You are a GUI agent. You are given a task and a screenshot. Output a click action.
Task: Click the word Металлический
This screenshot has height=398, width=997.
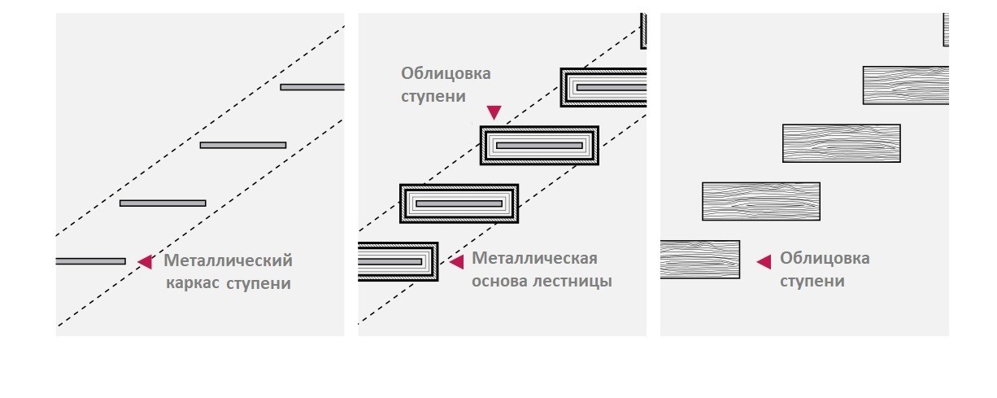(228, 260)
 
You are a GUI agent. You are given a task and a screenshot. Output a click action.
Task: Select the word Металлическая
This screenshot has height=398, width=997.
(534, 258)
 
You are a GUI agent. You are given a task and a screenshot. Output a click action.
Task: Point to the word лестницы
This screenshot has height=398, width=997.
(573, 282)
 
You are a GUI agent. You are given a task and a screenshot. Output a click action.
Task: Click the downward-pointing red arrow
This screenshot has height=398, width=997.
(494, 112)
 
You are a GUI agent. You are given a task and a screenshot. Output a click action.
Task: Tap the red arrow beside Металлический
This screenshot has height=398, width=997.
(145, 262)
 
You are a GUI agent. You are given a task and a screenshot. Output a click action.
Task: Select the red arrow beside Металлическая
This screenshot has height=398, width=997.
(456, 262)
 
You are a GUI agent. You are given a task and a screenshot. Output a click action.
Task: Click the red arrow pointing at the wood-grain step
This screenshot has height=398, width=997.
(764, 262)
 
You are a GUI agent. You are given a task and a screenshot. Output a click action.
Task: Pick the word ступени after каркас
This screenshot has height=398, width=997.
(259, 284)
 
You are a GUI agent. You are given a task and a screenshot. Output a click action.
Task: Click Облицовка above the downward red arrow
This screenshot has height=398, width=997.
(446, 73)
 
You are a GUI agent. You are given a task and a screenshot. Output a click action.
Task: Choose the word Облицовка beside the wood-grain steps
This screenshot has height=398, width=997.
(825, 259)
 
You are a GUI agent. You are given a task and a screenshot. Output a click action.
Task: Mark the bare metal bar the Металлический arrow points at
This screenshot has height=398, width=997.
(90, 261)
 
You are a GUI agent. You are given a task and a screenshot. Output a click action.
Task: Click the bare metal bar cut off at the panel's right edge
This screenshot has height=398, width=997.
(312, 87)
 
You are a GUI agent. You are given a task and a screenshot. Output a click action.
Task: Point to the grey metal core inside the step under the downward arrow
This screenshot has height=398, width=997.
(539, 146)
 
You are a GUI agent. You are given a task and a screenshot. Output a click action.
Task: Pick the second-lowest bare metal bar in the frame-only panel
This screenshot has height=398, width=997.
(163, 203)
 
